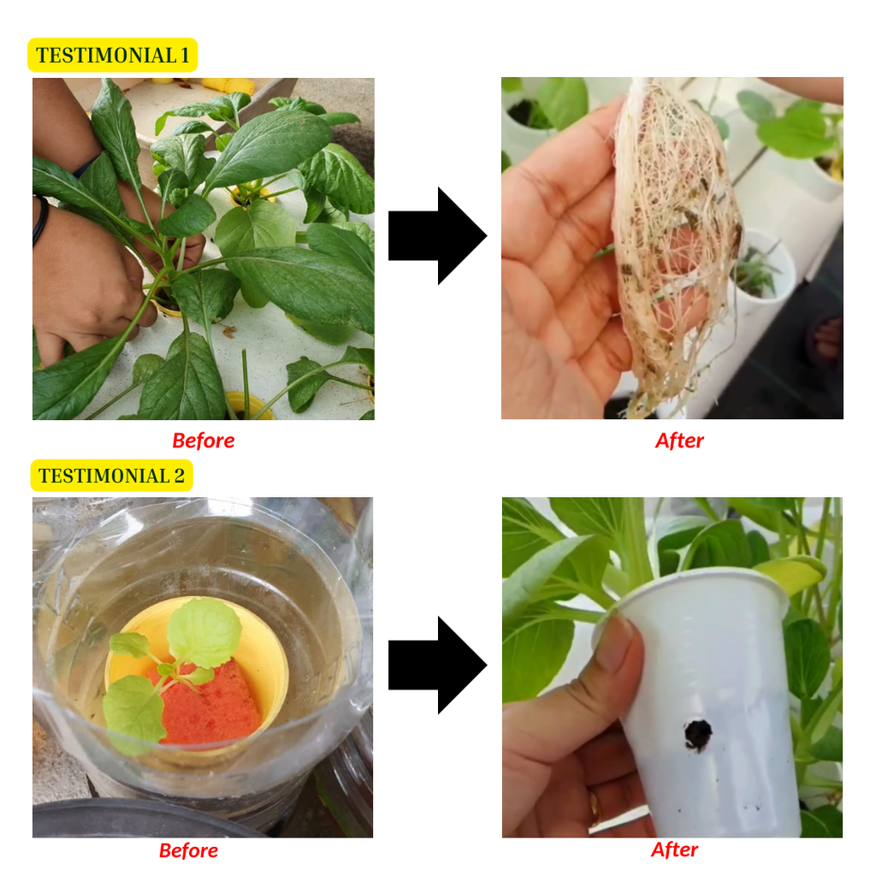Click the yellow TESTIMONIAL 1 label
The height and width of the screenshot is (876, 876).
[112, 55]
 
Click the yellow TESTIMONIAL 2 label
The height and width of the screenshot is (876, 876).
[112, 476]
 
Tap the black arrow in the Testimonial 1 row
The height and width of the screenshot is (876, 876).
[437, 236]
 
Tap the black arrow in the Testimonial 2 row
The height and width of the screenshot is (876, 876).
[437, 665]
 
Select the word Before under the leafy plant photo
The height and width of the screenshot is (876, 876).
[204, 441]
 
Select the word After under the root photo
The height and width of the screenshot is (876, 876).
[679, 441]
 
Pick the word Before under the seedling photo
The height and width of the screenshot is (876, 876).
[189, 850]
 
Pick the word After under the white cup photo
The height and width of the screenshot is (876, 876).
[674, 849]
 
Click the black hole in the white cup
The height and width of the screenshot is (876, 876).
[698, 734]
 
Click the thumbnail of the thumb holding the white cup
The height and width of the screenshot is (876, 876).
[619, 643]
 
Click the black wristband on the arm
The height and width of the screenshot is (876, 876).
[40, 221]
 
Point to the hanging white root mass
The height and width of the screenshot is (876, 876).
[676, 246]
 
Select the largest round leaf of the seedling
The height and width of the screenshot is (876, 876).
[204, 632]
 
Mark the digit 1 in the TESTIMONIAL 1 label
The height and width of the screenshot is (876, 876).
[185, 56]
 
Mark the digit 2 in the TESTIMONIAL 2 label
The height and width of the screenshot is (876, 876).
[180, 476]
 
